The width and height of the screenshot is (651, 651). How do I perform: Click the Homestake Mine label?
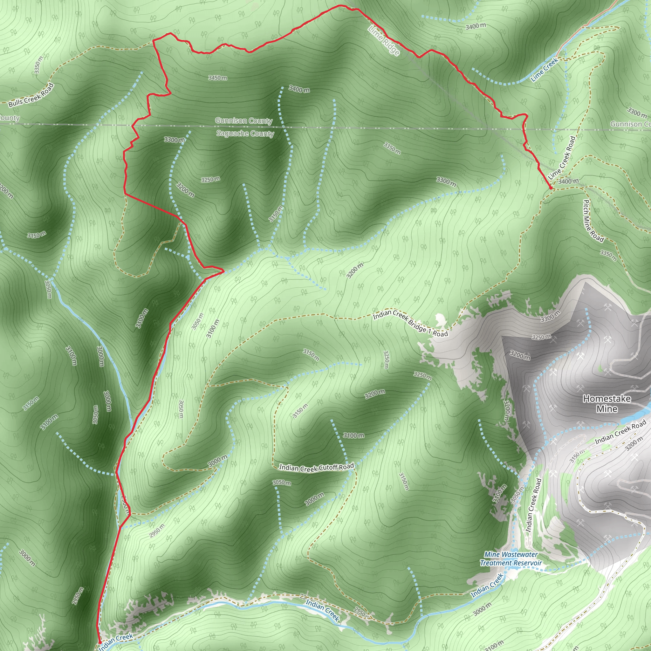(607, 404)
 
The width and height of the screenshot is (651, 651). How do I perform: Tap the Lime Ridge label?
(384, 40)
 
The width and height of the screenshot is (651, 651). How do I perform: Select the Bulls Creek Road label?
(31, 95)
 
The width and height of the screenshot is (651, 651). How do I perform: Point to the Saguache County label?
(245, 134)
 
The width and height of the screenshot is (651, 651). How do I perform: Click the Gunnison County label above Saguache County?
(243, 120)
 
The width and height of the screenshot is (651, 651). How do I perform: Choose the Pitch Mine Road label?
(593, 221)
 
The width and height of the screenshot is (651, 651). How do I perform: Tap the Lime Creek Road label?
(562, 158)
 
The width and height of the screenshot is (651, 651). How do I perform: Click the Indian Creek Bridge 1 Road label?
(410, 323)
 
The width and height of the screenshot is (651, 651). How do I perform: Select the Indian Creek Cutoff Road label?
(316, 467)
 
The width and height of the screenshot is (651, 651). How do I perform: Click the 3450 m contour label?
(217, 78)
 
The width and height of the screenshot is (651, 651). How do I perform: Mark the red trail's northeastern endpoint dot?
(551, 188)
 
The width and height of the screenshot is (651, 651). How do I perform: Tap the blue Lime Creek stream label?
(545, 70)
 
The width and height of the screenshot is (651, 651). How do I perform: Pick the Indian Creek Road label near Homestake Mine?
(620, 432)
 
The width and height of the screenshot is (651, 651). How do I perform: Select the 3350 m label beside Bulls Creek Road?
(38, 65)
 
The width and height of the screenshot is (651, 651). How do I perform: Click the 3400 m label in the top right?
(476, 26)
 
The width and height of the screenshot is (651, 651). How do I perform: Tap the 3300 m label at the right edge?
(637, 113)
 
